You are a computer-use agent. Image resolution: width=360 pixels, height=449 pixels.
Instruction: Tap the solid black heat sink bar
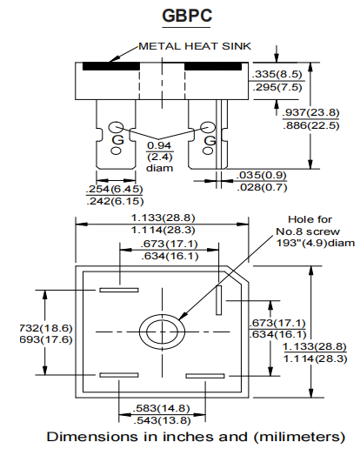pos(110,66)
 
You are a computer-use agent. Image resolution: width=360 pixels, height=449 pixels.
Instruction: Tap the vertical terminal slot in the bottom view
pos(220,299)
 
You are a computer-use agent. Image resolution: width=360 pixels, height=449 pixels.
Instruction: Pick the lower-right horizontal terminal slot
pos(206,375)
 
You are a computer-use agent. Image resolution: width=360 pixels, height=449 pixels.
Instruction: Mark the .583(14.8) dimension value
pos(160,407)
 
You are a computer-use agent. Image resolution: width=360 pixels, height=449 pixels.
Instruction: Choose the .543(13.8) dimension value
pos(160,419)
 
